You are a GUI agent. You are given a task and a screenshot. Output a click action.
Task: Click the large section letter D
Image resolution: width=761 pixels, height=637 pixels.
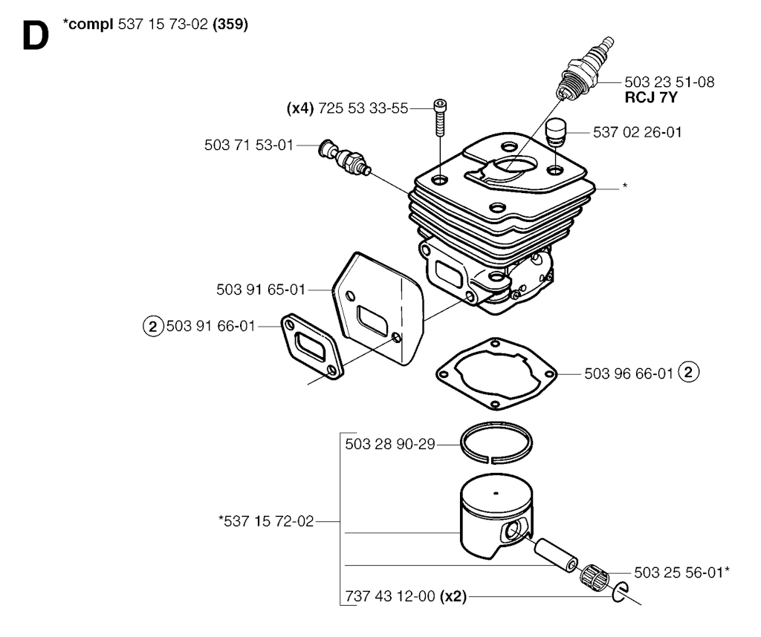(x=36, y=37)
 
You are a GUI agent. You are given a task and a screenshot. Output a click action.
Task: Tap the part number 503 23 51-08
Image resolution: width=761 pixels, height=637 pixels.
(x=670, y=82)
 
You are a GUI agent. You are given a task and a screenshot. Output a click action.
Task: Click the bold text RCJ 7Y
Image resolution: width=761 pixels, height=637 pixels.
(x=650, y=97)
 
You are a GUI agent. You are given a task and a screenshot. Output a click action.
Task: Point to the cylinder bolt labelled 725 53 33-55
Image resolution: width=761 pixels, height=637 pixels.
(x=440, y=118)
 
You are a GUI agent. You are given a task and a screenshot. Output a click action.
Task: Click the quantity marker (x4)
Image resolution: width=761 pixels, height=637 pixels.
(x=300, y=108)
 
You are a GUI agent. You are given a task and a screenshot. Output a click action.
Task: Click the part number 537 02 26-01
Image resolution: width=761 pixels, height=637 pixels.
(x=637, y=132)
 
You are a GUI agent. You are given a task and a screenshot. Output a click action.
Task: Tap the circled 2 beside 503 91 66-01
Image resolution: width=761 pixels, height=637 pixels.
(x=152, y=326)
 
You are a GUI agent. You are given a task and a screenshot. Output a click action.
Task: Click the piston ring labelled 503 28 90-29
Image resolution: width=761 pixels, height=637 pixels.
(x=496, y=443)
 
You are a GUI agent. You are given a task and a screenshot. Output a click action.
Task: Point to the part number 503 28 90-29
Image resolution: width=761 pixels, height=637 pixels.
(x=390, y=444)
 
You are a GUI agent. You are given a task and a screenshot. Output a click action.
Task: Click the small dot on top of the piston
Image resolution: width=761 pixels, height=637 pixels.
(x=496, y=494)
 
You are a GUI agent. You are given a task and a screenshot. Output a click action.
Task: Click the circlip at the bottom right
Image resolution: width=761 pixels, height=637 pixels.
(x=620, y=592)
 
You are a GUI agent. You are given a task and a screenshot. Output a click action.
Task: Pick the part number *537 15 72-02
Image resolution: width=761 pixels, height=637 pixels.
(x=266, y=521)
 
